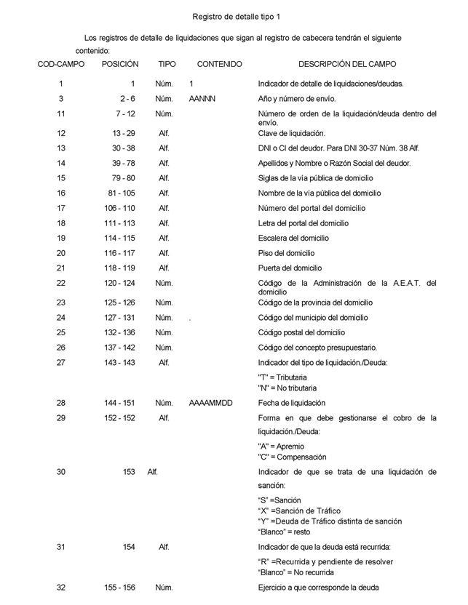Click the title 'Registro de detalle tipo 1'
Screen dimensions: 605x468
(x=236, y=16)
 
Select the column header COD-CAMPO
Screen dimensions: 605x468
(x=61, y=65)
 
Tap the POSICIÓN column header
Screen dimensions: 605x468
(x=120, y=65)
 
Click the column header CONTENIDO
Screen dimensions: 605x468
(x=219, y=65)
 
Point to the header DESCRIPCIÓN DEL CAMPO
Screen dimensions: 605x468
(x=347, y=65)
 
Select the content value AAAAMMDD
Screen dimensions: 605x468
(x=210, y=403)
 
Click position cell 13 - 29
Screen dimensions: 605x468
(x=120, y=133)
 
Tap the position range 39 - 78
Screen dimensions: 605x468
(x=120, y=164)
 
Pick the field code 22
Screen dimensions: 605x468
(x=61, y=283)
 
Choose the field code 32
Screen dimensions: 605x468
(x=61, y=588)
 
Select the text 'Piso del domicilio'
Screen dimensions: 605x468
(x=287, y=253)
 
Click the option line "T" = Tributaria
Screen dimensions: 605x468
(x=282, y=378)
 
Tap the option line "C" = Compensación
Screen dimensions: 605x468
(x=293, y=457)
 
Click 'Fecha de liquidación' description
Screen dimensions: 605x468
(x=292, y=403)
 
